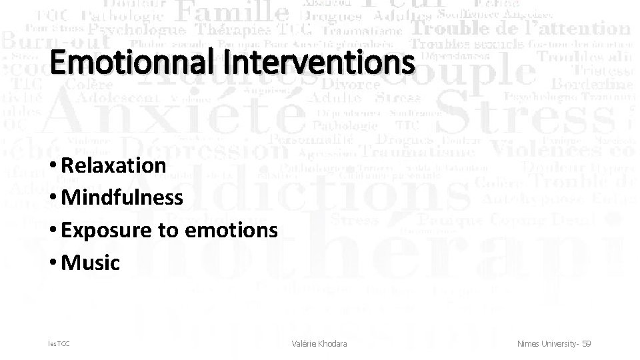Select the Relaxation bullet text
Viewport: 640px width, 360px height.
(113, 165)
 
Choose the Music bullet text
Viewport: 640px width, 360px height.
(90, 263)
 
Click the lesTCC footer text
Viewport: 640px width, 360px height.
(58, 343)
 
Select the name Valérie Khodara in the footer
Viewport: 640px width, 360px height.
(319, 343)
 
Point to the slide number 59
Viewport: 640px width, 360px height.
(586, 343)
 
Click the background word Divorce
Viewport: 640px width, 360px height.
(351, 85)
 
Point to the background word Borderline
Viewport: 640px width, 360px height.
(592, 85)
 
